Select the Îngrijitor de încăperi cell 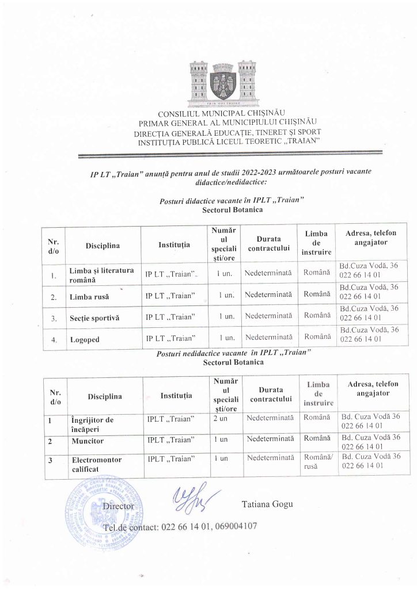pos(92,424)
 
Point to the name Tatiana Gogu pos(267,504)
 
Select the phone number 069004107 pos(234,526)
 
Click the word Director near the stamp pos(117,507)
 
